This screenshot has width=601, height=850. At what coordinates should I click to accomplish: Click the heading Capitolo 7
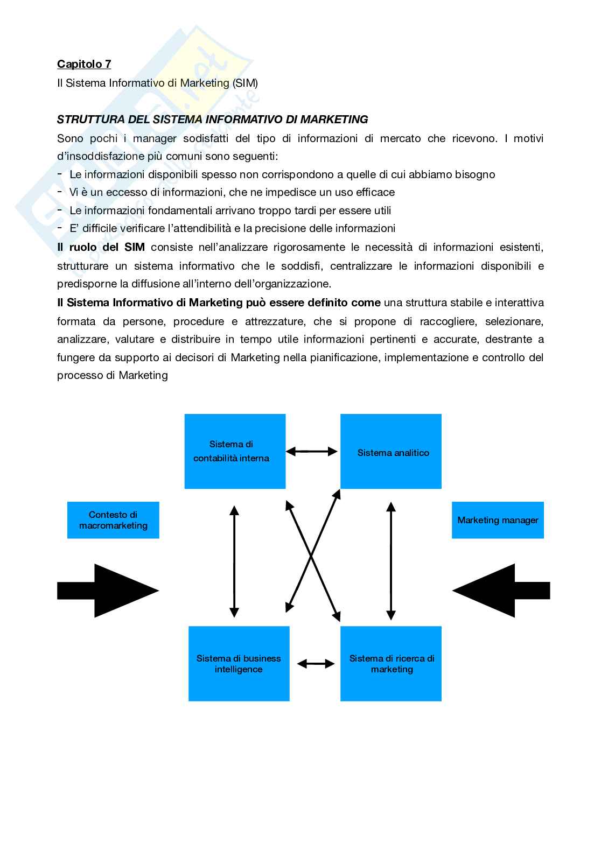[x=84, y=64]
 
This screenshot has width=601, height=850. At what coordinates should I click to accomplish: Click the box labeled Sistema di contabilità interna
[x=235, y=451]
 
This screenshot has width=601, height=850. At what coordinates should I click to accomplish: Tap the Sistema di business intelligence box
[x=239, y=663]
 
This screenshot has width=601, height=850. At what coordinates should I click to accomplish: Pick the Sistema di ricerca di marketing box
[x=391, y=663]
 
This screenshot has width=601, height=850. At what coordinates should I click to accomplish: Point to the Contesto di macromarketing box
[x=113, y=520]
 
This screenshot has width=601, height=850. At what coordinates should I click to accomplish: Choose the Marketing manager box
[x=498, y=520]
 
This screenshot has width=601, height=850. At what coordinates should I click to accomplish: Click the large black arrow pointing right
[x=108, y=591]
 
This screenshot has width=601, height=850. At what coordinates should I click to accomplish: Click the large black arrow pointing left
[x=501, y=591]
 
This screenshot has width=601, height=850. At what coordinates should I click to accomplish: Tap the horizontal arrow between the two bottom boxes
[x=316, y=664]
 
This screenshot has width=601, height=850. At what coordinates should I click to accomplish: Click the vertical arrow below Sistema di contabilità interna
[x=234, y=560]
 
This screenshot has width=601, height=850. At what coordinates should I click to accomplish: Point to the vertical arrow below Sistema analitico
[x=392, y=560]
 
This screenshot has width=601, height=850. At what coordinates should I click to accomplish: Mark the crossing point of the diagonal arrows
[x=312, y=557]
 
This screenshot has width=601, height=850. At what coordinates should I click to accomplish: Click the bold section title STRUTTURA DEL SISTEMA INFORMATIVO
[x=212, y=120]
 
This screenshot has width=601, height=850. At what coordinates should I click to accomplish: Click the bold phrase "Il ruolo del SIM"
[x=101, y=247]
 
